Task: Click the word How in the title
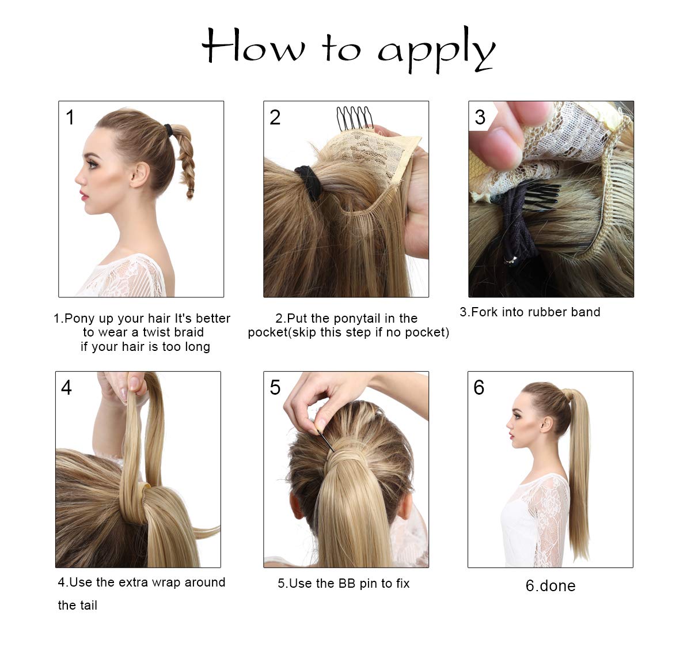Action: point(253,45)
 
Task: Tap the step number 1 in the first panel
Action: point(70,117)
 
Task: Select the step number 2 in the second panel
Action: point(275,117)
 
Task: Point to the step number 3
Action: point(480,117)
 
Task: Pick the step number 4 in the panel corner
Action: point(66,388)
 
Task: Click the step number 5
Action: point(275,388)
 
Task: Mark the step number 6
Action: point(479,388)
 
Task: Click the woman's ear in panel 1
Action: point(140,175)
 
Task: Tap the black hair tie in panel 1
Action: point(168,130)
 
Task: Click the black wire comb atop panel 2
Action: point(355,118)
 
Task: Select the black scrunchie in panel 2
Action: point(308,183)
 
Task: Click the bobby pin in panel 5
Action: point(325,440)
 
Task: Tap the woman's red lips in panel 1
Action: point(83,195)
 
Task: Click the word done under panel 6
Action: point(557,586)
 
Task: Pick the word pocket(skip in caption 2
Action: point(283,332)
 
